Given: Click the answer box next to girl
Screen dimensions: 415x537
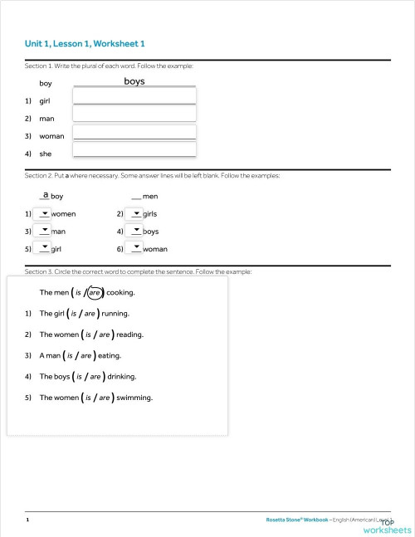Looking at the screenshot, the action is [134, 96].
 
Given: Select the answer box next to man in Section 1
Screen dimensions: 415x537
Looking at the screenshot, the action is [134, 114].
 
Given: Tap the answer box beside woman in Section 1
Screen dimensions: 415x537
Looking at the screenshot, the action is [134, 132].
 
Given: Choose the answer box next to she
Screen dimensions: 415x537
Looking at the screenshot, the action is [134, 149].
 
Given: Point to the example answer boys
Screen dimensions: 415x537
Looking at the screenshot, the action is [134, 81].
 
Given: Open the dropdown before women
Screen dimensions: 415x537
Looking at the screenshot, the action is [44, 213].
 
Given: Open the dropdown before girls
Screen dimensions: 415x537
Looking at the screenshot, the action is [136, 213].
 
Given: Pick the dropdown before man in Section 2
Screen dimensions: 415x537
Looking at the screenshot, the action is [44, 231].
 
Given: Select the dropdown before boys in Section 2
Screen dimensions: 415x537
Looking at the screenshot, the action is [136, 231].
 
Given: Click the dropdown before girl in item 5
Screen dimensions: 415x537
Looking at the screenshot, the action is [44, 248].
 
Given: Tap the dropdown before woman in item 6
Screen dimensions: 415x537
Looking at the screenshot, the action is [136, 248].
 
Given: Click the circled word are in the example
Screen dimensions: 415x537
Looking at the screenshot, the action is [95, 293].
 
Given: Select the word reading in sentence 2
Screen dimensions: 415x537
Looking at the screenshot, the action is [129, 334].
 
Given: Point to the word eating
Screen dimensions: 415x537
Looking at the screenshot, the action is [109, 356].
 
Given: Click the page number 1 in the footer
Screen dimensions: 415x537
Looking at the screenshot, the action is [27, 520].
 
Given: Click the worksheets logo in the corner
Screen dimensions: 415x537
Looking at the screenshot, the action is [392, 528].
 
